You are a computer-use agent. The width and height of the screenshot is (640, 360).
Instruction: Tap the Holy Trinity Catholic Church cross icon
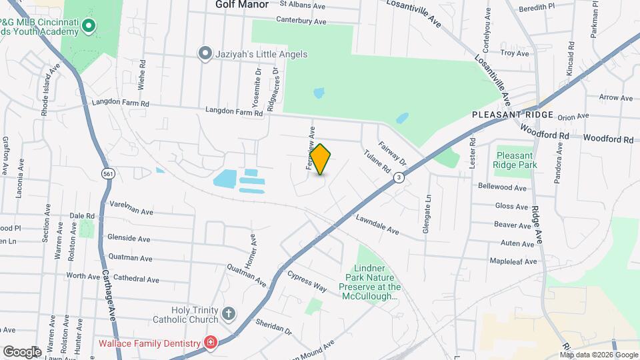tap(229, 313)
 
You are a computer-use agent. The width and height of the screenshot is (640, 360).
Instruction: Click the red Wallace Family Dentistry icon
tap(211, 343)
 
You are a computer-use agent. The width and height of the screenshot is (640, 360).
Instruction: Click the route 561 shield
tap(107, 173)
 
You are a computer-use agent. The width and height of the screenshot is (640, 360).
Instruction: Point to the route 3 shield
tap(399, 177)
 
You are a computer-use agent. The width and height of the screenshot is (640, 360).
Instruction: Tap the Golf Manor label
tap(242, 5)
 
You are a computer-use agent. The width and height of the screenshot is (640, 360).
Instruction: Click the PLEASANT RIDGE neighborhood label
tap(513, 115)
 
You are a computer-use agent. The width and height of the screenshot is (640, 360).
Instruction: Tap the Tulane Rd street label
tap(377, 161)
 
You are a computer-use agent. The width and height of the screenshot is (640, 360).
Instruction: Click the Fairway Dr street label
tap(392, 153)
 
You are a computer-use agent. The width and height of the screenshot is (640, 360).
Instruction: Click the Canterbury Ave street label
tap(302, 21)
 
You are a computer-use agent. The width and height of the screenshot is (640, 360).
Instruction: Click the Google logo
tap(22, 351)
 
